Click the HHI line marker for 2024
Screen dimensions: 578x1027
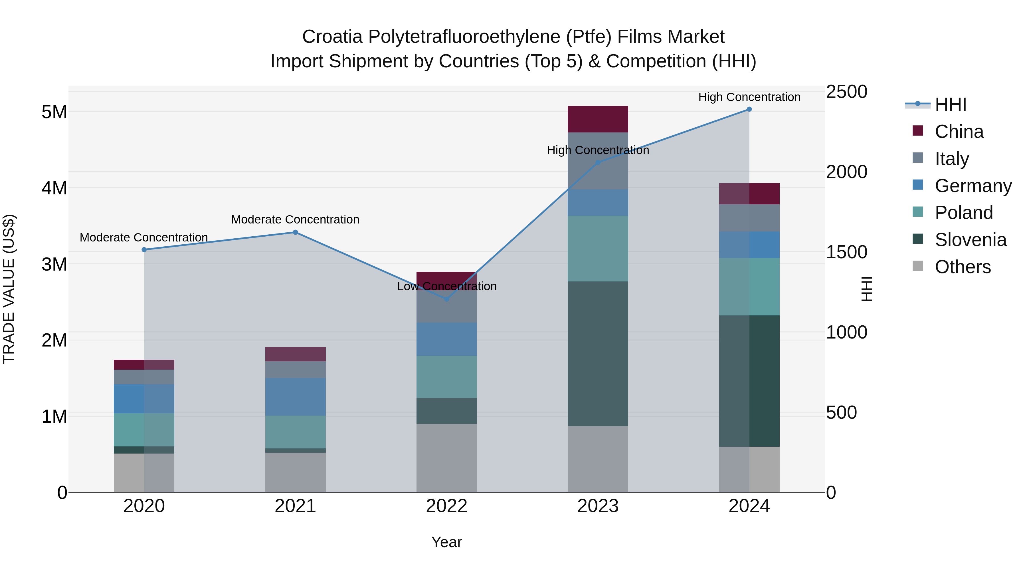pos(749,109)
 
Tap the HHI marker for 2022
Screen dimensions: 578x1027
pos(446,299)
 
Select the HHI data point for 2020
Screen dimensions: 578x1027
pos(144,250)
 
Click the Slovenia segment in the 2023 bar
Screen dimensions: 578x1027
pos(598,354)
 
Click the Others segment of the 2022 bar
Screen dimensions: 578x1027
pos(446,458)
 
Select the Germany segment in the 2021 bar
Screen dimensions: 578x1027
pos(296,397)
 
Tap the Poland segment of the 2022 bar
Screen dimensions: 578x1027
pos(446,377)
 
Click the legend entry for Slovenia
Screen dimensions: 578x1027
pos(971,240)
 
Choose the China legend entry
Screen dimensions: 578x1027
pos(959,132)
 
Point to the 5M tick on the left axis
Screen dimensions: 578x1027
pos(54,112)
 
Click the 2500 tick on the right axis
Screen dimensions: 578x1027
pos(846,92)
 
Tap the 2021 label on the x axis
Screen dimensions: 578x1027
pos(296,506)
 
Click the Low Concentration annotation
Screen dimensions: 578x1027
pos(446,286)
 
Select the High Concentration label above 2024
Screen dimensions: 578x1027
pos(749,97)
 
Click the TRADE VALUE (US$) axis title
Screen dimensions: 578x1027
pos(9,289)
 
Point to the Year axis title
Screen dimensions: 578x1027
pos(446,542)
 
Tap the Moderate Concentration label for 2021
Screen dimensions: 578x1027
pos(296,220)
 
